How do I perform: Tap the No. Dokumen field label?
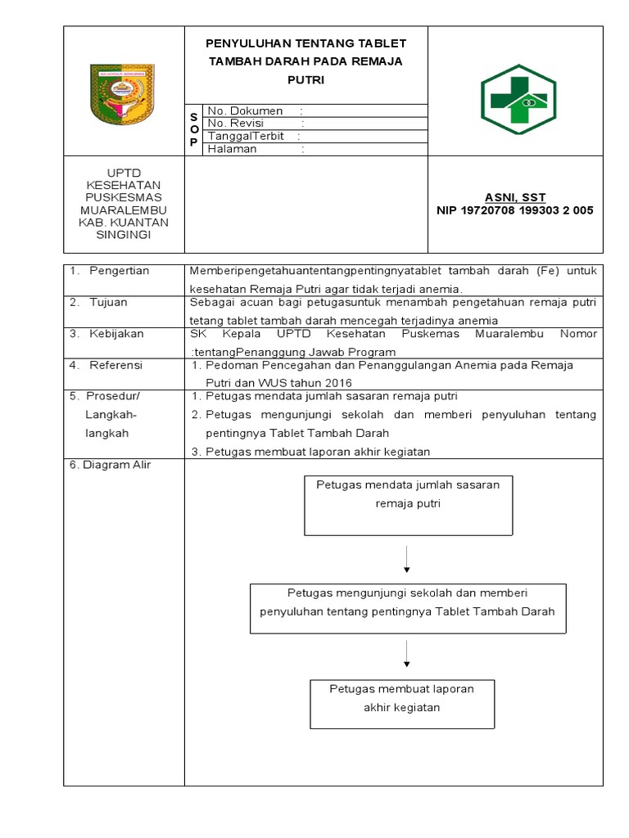(246, 110)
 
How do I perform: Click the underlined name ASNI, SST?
(515, 197)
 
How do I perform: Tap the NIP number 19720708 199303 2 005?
(515, 210)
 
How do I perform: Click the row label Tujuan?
(109, 302)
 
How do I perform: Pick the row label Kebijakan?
(116, 333)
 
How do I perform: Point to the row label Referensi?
(115, 365)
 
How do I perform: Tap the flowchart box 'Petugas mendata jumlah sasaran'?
(408, 505)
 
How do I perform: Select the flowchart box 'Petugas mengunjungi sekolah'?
(407, 608)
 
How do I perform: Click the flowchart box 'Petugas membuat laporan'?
(401, 703)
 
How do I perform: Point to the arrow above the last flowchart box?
(407, 656)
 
